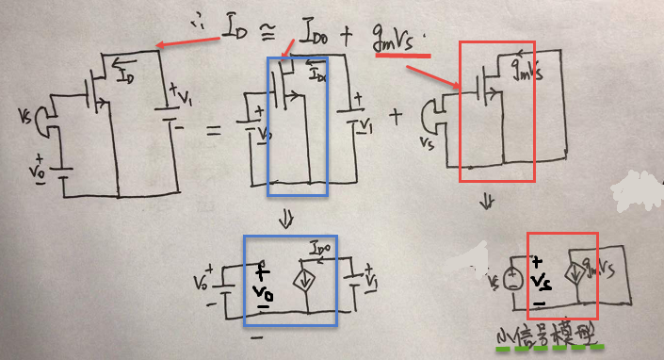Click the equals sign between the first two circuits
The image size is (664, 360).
point(214,131)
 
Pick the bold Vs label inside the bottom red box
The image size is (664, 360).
point(541,282)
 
